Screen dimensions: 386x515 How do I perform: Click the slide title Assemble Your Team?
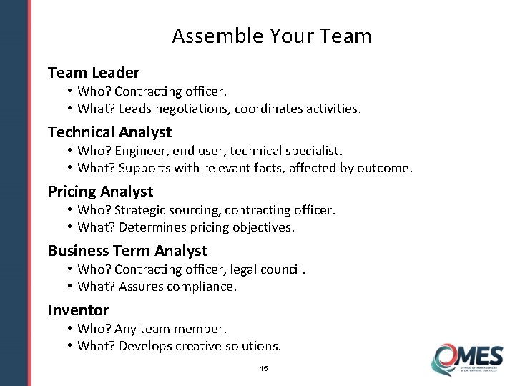(271, 36)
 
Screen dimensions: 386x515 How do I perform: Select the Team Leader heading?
(93, 72)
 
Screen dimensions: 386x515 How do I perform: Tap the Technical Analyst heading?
(109, 132)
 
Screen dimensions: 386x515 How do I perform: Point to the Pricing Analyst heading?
(100, 191)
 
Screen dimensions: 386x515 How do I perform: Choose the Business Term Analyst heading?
(127, 250)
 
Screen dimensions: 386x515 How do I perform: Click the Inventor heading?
(78, 310)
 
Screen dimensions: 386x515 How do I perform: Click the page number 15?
(264, 369)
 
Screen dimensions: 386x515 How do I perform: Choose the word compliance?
(201, 287)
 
